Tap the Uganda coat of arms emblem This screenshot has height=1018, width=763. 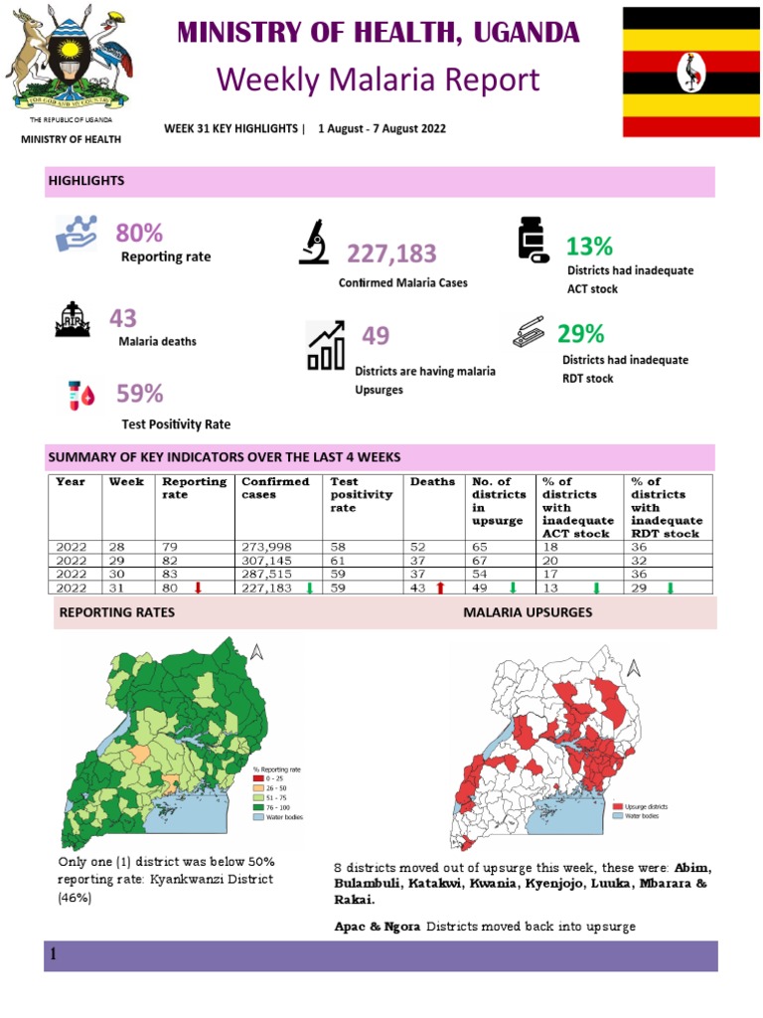point(69,60)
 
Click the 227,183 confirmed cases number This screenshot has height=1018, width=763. point(391,254)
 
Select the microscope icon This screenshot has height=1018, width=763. point(314,243)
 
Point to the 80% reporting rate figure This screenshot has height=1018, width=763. point(139,234)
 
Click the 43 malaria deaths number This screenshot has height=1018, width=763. point(123,318)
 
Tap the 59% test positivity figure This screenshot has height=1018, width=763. point(139,394)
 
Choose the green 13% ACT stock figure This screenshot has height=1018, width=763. point(589,246)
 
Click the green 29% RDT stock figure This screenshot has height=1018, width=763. point(580,333)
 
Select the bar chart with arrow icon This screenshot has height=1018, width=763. point(326,346)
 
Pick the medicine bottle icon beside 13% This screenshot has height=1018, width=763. point(532,241)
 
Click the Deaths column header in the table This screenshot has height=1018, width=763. point(432,482)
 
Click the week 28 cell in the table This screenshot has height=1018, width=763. point(117,547)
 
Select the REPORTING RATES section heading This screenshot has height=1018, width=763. point(117,612)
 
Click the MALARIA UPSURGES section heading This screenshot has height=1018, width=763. point(528,612)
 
